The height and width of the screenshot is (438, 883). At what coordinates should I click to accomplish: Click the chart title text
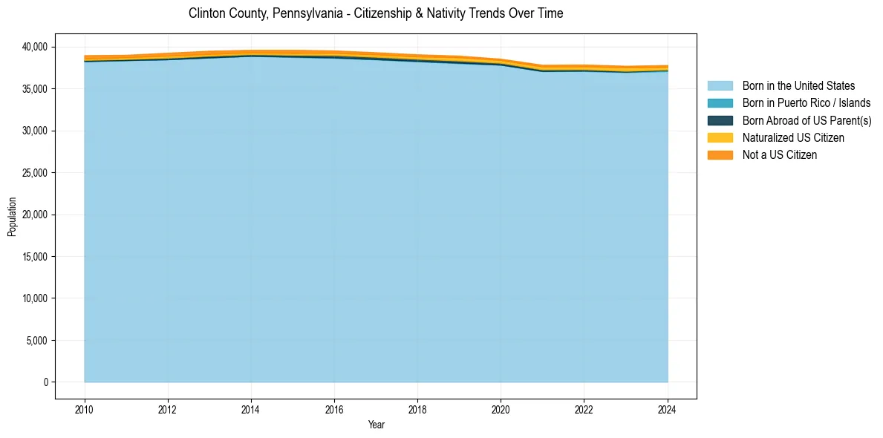click(376, 13)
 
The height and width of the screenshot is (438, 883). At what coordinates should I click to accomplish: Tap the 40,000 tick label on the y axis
click(32, 47)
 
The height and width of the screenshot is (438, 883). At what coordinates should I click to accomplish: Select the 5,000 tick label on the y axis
click(34, 341)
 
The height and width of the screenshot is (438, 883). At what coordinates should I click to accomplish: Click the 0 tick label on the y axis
click(45, 382)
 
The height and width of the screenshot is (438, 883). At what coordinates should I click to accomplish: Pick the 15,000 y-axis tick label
click(32, 257)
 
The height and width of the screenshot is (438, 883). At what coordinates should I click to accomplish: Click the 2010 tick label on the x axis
click(85, 408)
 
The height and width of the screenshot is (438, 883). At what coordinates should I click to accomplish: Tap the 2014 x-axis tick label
click(251, 408)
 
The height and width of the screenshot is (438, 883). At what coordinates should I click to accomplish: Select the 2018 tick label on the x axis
click(417, 408)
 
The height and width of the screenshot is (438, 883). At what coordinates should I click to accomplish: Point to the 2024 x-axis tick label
click(668, 408)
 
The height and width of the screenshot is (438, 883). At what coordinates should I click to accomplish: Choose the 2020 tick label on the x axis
click(501, 408)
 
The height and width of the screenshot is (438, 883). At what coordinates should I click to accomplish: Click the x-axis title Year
click(376, 425)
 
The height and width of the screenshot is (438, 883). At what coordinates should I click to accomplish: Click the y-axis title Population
click(12, 217)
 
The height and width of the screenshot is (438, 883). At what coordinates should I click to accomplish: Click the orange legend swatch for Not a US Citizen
click(720, 154)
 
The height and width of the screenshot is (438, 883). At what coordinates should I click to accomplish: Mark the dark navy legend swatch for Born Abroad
click(720, 120)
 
